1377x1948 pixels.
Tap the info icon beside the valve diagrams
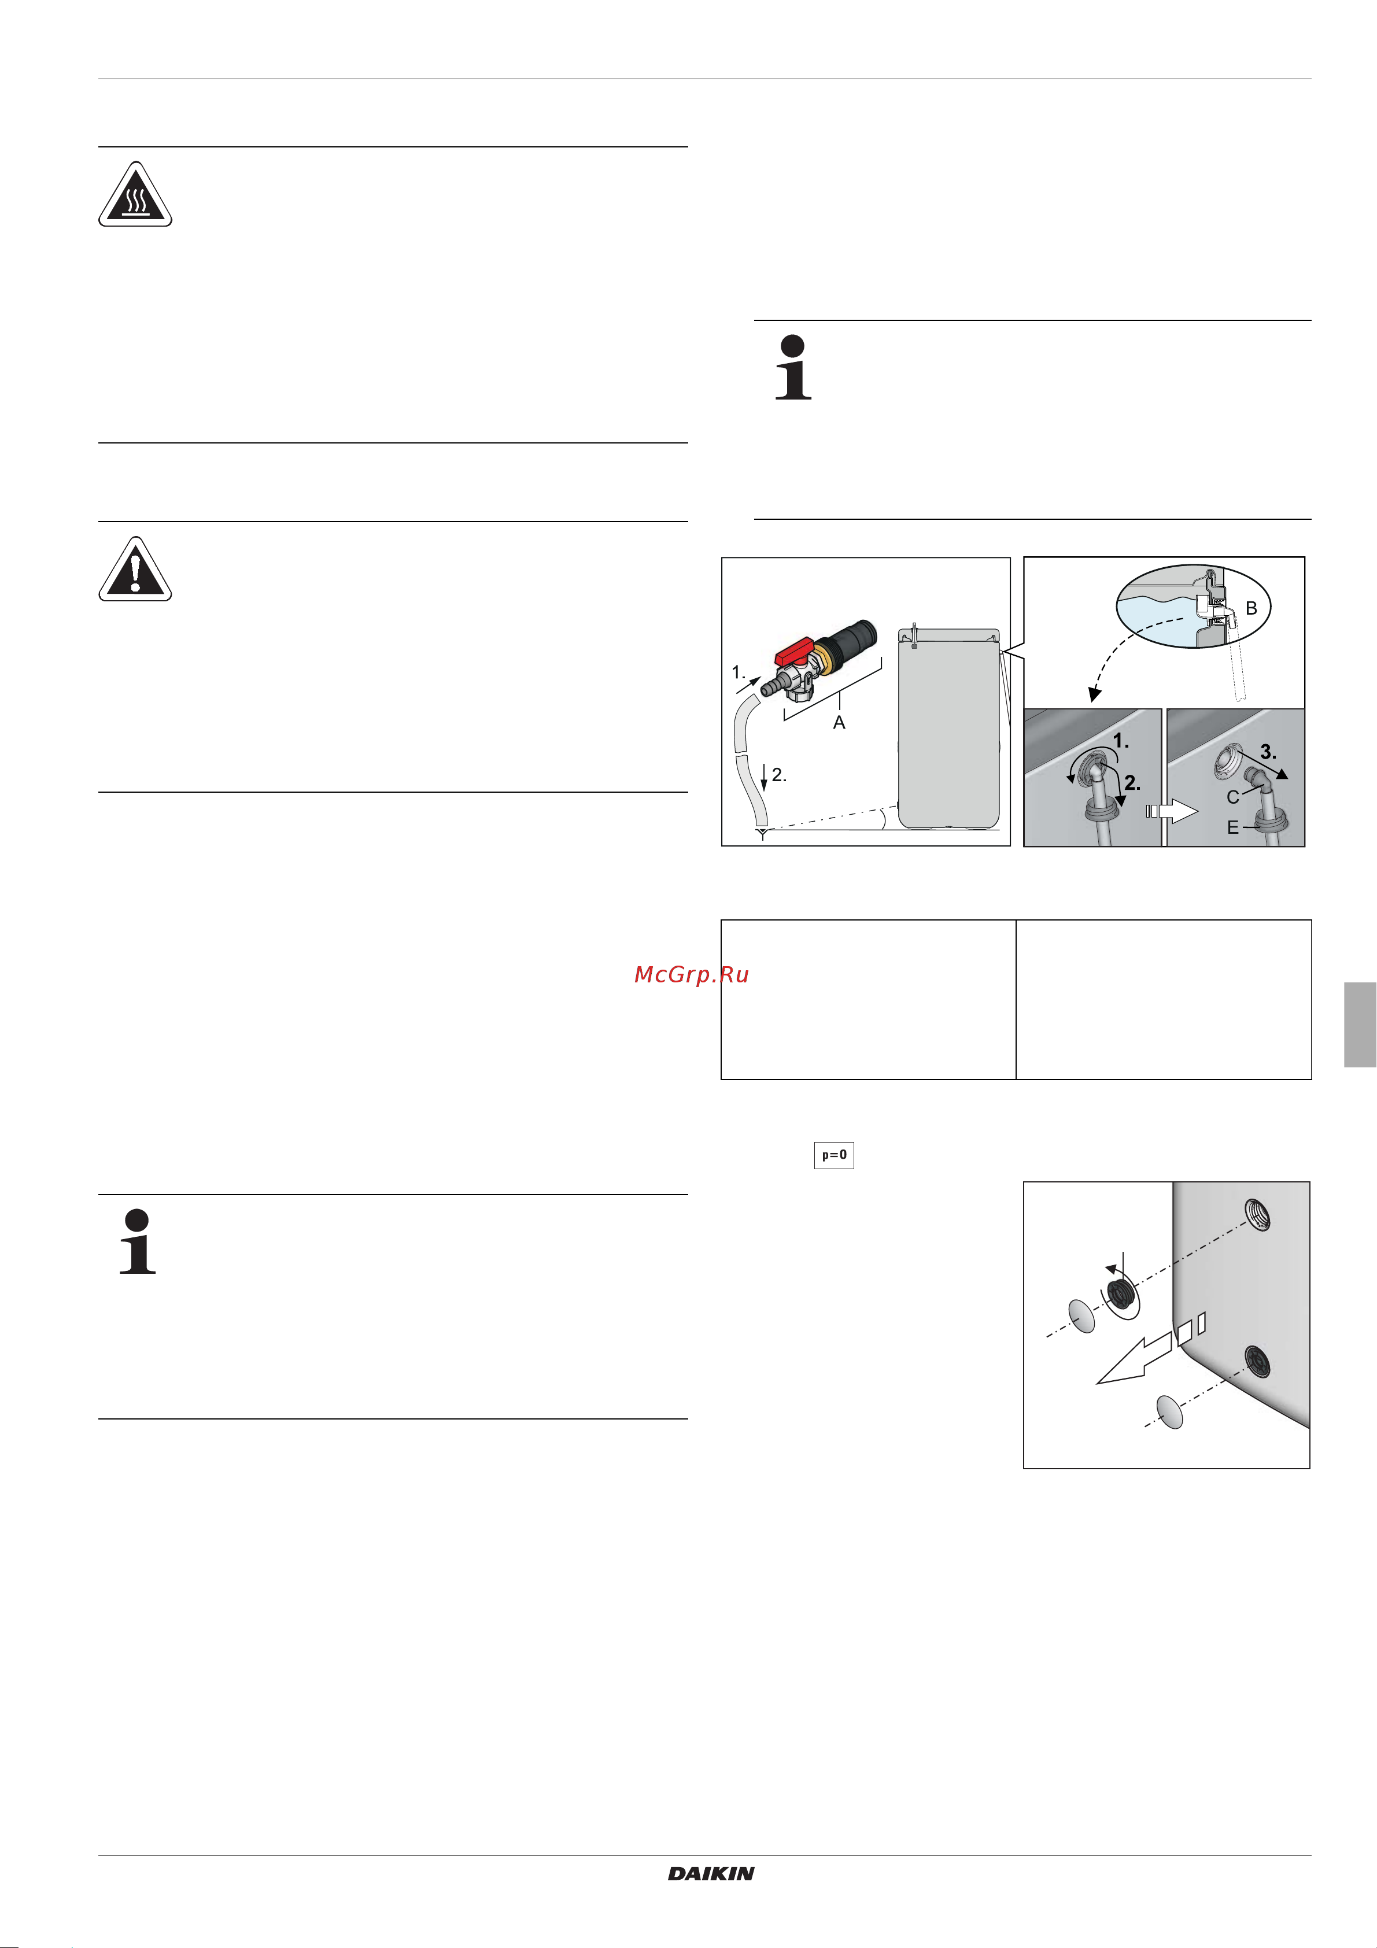click(793, 367)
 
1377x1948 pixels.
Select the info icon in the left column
click(138, 1241)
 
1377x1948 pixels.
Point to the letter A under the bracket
click(839, 723)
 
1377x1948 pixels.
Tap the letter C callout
click(1233, 797)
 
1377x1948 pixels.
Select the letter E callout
click(1233, 828)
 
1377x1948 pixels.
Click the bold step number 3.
click(1268, 752)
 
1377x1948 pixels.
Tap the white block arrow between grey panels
click(1172, 811)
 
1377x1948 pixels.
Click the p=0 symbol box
click(834, 1155)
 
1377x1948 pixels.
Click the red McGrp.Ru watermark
click(692, 975)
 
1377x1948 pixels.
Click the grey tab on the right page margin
click(1360, 1025)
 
